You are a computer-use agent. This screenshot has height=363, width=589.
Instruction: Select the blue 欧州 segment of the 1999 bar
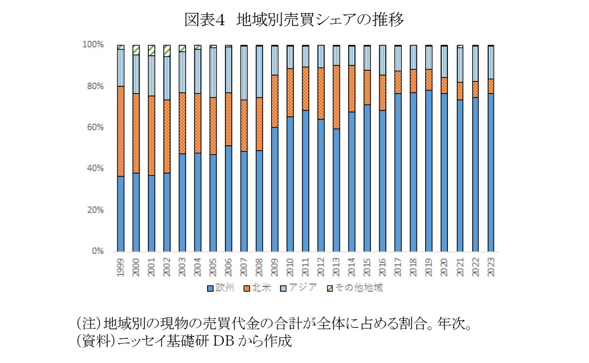point(121,213)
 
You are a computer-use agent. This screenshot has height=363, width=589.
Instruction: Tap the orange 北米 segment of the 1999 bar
point(121,131)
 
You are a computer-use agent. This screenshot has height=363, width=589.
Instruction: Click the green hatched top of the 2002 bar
point(167,50)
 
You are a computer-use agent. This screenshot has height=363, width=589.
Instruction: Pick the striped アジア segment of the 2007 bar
point(244,73)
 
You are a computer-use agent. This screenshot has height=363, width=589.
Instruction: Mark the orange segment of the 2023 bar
point(491,86)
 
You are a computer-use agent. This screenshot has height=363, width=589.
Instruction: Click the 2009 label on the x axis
point(275,267)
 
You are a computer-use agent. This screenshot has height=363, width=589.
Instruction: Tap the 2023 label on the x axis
point(491,267)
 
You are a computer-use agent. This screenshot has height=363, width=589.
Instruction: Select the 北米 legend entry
point(257,288)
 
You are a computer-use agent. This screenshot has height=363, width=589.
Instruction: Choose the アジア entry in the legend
point(299,288)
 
